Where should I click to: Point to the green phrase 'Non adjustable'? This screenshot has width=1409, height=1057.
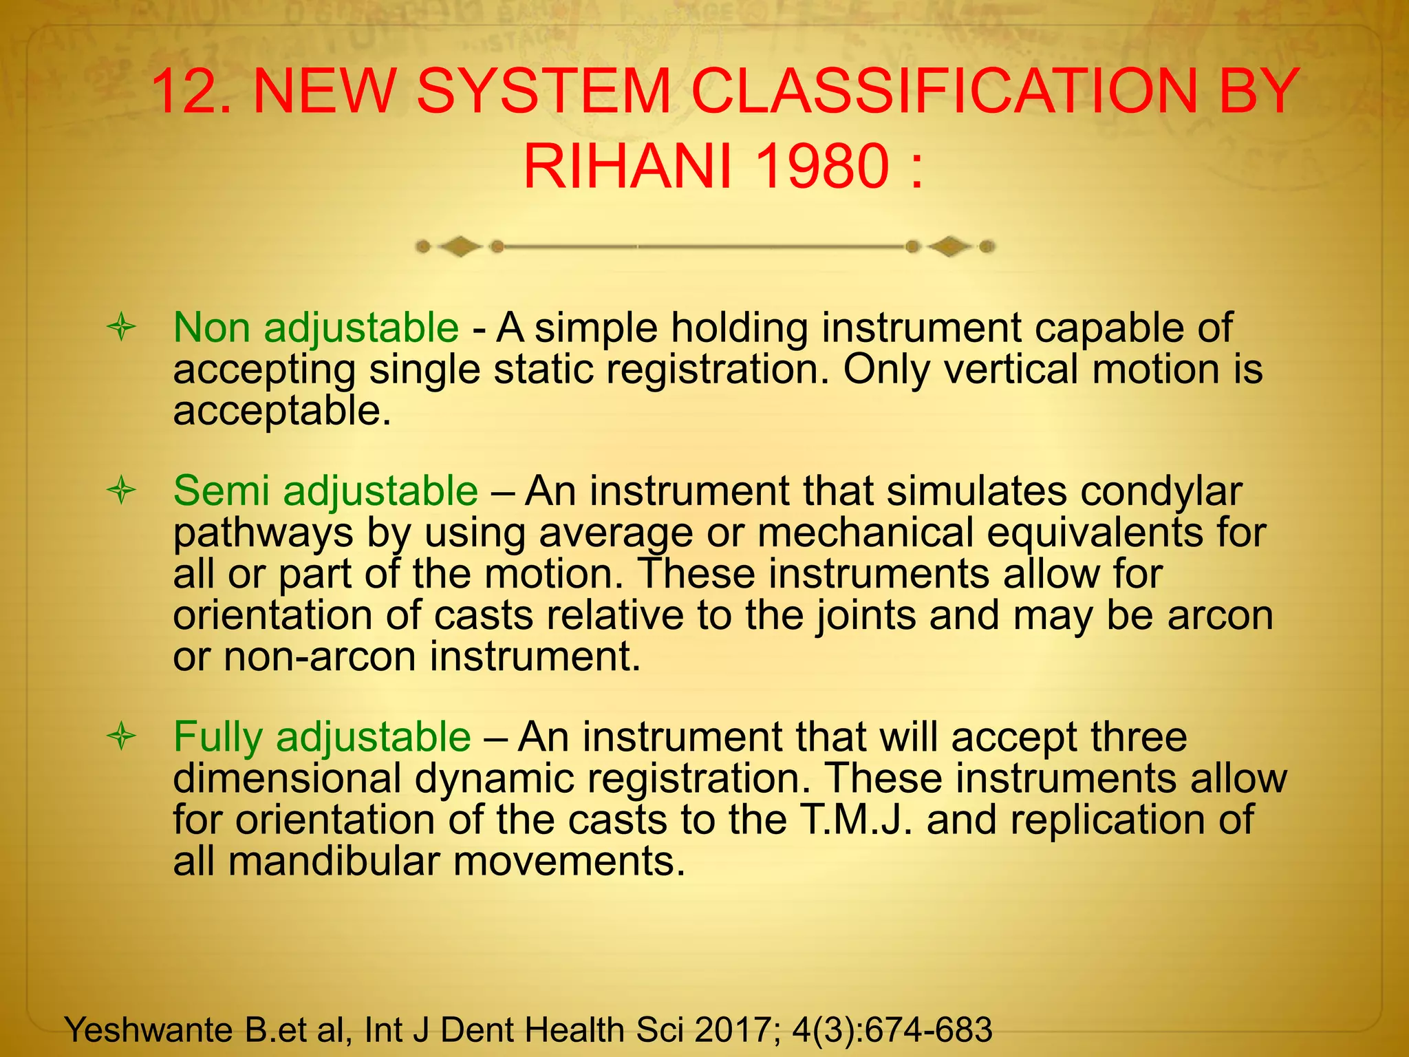point(316,328)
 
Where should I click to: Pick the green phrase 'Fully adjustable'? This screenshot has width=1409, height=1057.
point(322,737)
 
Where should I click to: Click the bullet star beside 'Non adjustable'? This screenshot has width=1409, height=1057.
point(122,328)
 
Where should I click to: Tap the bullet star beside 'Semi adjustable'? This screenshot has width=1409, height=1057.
point(122,491)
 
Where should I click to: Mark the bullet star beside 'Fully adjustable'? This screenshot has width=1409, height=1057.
point(122,738)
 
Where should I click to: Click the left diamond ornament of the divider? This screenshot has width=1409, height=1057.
point(459,246)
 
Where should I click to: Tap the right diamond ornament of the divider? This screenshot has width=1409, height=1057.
point(949,246)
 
